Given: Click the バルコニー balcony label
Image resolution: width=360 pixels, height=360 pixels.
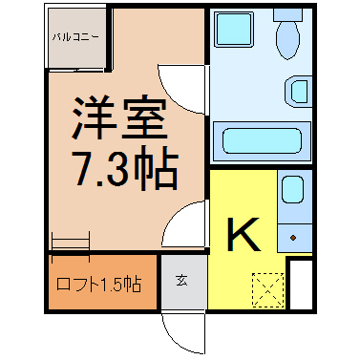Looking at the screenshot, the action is click(x=75, y=37).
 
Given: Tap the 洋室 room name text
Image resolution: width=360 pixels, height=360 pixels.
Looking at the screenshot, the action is click(x=119, y=117).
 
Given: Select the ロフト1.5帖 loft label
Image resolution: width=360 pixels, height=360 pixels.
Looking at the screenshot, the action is click(x=98, y=284).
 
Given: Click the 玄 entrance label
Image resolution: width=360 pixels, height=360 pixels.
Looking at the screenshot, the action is click(x=181, y=281).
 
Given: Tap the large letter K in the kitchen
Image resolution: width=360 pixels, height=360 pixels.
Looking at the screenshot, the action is click(x=244, y=234).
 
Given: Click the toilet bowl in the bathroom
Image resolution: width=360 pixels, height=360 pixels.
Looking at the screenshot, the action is click(x=288, y=40).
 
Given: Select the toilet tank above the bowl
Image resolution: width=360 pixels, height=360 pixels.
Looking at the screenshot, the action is click(x=287, y=15).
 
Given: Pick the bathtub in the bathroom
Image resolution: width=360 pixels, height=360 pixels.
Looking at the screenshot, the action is click(x=262, y=140).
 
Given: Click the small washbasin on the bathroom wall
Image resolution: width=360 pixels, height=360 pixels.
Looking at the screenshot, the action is click(x=298, y=92).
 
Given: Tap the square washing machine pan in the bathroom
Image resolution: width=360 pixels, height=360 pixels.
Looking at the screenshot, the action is click(x=234, y=30).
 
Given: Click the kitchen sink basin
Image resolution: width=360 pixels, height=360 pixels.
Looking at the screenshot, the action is click(x=293, y=189).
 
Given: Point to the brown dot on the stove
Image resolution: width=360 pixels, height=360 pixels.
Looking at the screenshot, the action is click(x=293, y=238).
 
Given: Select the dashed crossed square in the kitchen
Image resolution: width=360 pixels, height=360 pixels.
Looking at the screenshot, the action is click(x=267, y=289).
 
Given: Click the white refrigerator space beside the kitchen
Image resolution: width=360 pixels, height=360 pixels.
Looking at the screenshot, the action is click(x=301, y=285).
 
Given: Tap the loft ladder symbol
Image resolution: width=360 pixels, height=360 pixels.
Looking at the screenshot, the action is click(x=71, y=245).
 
